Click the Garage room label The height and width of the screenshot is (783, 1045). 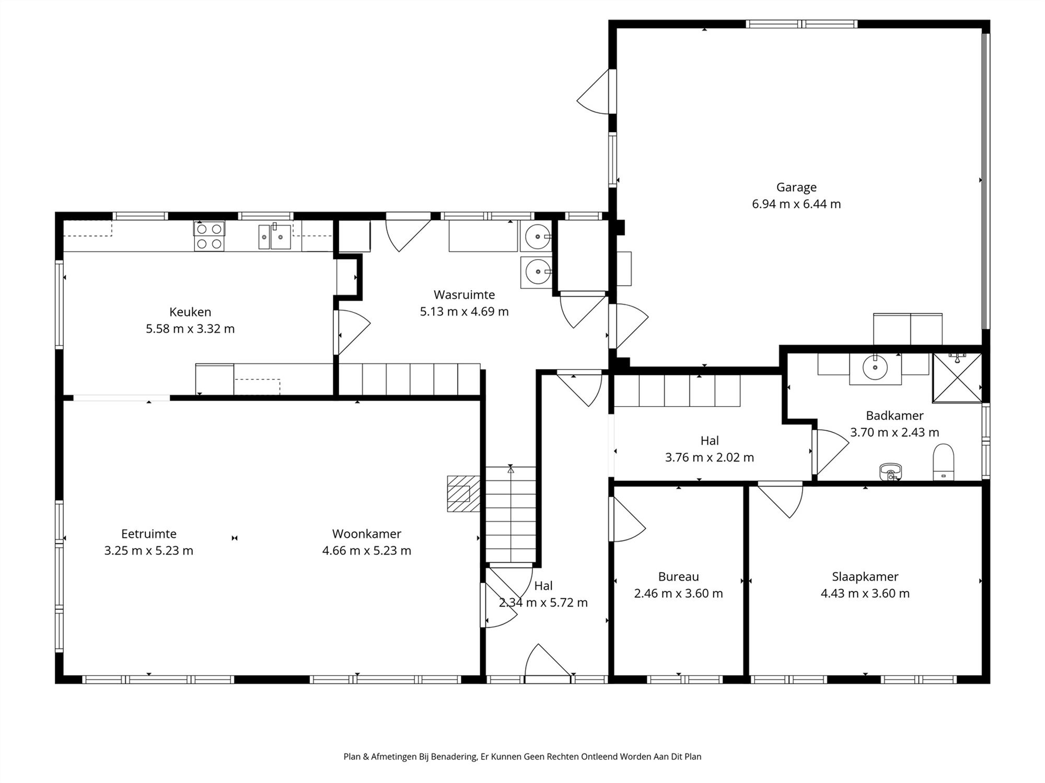click(796, 187)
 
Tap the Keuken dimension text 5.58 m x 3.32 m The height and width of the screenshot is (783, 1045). click(190, 329)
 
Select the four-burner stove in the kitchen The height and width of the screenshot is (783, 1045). click(210, 236)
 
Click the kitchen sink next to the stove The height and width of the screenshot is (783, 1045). click(274, 237)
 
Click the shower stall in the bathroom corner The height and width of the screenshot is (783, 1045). click(957, 378)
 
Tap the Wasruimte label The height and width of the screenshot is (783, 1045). click(464, 294)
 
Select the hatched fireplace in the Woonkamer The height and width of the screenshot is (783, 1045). click(463, 493)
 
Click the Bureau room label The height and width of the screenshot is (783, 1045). click(678, 577)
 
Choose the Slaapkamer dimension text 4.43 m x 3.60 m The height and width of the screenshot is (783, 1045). click(865, 594)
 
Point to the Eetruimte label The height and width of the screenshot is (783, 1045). click(149, 533)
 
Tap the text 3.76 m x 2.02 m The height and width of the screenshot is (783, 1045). click(709, 458)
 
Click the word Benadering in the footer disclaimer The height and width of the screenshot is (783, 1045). click(455, 756)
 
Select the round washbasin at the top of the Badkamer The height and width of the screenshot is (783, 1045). click(875, 367)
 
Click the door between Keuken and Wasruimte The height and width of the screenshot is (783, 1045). click(352, 332)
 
